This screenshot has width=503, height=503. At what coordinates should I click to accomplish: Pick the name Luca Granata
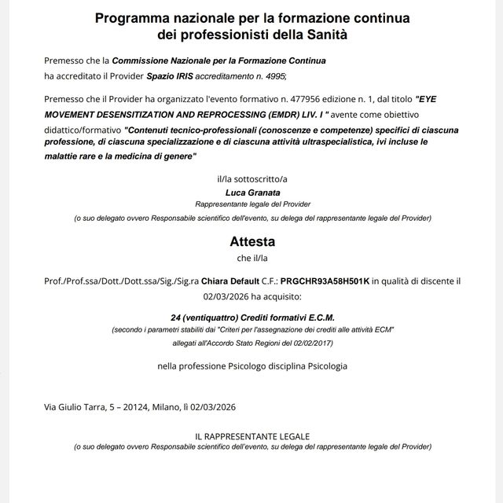(252, 193)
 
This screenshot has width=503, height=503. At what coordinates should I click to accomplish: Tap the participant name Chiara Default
(231, 280)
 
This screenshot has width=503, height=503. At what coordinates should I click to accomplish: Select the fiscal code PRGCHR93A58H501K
(325, 280)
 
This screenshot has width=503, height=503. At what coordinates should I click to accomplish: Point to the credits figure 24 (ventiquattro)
(210, 316)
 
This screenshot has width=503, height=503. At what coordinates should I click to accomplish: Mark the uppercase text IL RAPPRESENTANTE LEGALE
(252, 436)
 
